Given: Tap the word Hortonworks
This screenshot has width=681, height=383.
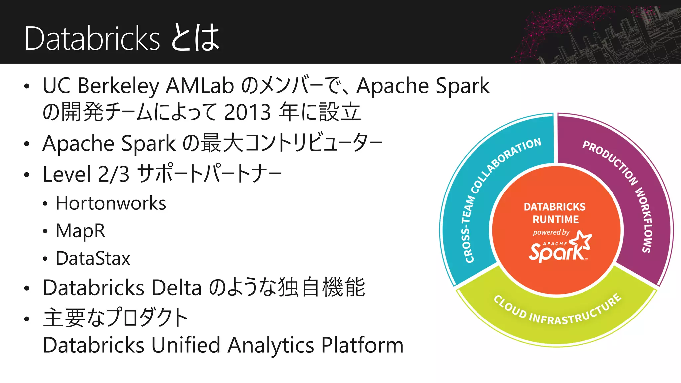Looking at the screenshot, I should point(111,203).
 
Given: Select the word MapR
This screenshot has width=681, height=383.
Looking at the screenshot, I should point(80,231).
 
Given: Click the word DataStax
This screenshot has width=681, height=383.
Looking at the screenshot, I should point(93,259).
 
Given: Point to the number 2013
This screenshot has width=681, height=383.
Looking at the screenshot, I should point(247,112).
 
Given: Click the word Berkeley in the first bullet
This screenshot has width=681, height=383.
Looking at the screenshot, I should point(118,86).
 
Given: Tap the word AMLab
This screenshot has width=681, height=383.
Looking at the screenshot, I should point(200,86).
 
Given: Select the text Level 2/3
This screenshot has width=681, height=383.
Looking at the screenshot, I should point(86,174).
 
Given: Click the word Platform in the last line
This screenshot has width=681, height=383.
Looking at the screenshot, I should point(362,345).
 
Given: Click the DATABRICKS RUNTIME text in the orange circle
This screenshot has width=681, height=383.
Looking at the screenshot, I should point(555,213).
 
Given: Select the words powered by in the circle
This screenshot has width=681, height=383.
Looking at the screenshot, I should point(551,232).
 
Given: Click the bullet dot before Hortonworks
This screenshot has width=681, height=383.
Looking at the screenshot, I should point(45,204).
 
